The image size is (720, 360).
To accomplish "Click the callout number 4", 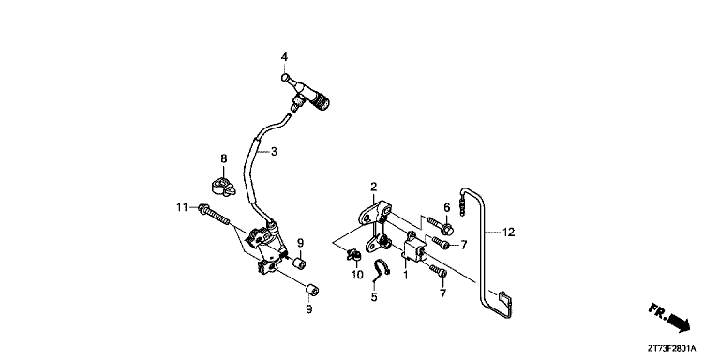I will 285,57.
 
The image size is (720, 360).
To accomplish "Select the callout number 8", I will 224,158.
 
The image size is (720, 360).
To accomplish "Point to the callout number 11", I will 182,206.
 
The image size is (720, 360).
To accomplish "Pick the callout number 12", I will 509,231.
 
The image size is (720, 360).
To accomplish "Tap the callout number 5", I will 373,297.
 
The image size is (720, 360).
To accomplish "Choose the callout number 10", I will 357,274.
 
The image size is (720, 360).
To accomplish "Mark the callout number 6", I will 447,207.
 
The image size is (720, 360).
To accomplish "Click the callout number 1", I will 405,276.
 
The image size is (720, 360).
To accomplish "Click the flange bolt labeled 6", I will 442,226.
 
